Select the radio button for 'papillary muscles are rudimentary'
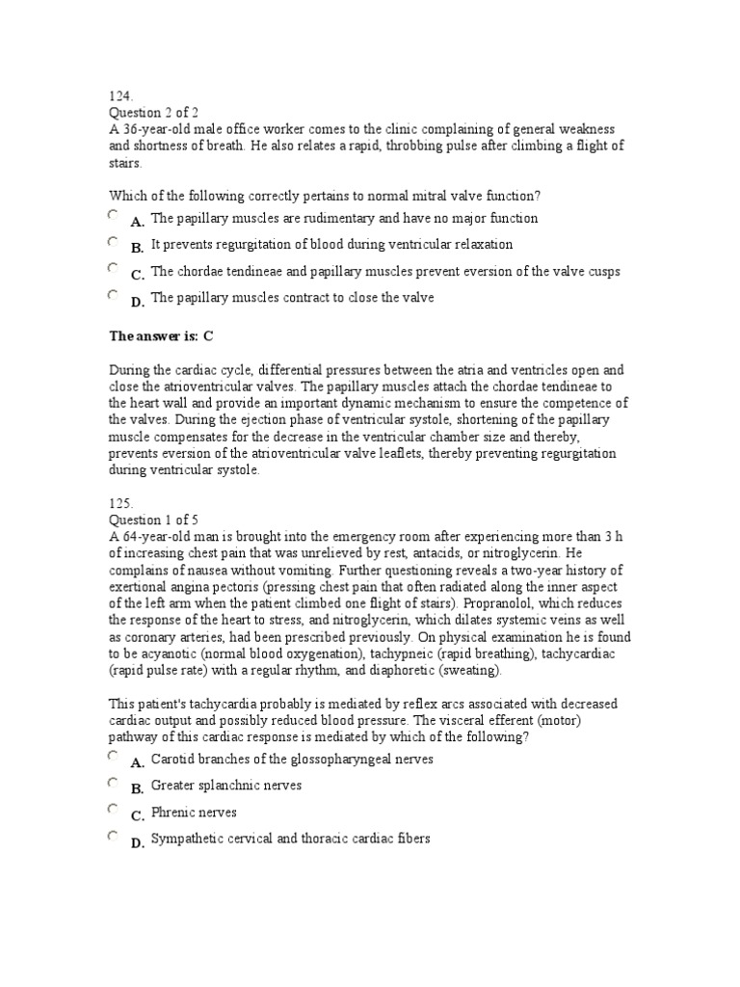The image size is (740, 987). tap(114, 216)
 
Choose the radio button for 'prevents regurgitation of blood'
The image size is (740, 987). tap(114, 243)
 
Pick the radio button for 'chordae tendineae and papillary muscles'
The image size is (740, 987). tap(114, 270)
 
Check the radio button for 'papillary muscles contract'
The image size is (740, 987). tap(114, 296)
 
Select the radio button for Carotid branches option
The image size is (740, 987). tap(114, 758)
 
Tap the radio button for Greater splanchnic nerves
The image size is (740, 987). tap(114, 784)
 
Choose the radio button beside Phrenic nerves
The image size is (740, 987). tap(114, 811)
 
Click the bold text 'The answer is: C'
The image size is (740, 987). tap(160, 335)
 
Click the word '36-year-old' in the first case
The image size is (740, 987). tap(157, 130)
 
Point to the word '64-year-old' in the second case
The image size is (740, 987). tap(157, 537)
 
